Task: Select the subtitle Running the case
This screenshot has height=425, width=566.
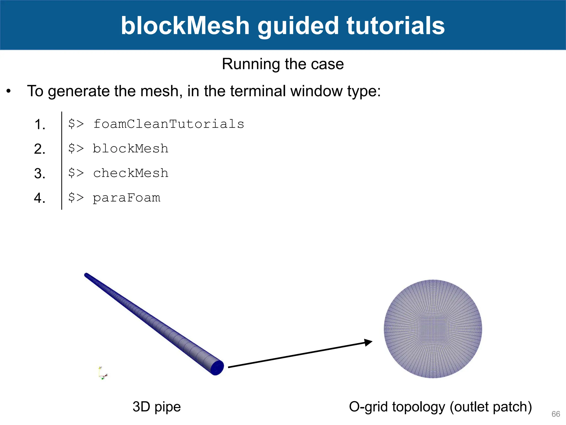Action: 283,64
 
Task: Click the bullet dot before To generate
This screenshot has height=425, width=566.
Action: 9,91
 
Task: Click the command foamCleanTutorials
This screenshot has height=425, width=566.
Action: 169,124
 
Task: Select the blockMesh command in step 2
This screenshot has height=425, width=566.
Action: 130,149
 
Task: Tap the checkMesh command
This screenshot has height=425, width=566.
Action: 130,173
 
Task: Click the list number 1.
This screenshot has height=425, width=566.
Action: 40,125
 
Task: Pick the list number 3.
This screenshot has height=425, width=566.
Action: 40,174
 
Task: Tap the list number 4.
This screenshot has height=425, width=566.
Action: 40,198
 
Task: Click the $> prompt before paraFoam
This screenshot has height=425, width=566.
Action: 76,198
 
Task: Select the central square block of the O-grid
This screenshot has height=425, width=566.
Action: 433,329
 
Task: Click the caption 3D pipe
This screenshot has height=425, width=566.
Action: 156,407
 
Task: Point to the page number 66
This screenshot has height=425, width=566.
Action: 555,414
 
